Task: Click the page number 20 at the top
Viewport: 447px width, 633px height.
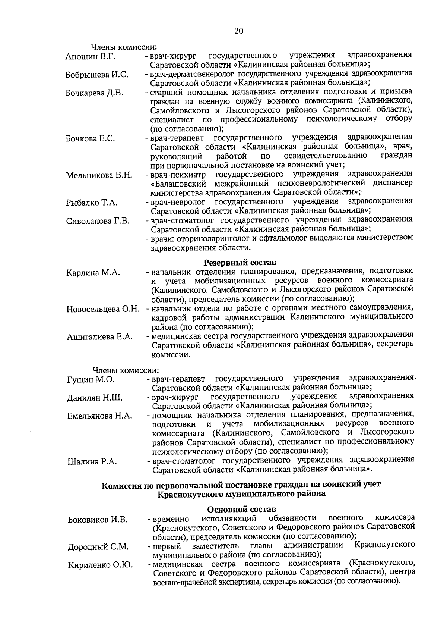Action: pyautogui.click(x=239, y=31)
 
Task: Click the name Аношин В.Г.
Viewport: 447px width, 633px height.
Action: pyautogui.click(x=91, y=57)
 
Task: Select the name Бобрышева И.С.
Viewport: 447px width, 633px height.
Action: pyautogui.click(x=97, y=75)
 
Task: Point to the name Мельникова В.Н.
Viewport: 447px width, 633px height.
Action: pyautogui.click(x=99, y=175)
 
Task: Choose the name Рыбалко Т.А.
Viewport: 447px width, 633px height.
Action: pyautogui.click(x=92, y=203)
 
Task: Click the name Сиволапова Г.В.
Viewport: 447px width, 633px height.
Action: pyautogui.click(x=98, y=221)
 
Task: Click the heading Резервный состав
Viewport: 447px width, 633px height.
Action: pyautogui.click(x=240, y=263)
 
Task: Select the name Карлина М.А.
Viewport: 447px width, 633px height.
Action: pyautogui.click(x=93, y=273)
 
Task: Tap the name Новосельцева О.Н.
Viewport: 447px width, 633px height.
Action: pyautogui.click(x=103, y=310)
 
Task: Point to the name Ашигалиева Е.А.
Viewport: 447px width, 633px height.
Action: pyautogui.click(x=99, y=337)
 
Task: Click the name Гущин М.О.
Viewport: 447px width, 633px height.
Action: pyautogui.click(x=91, y=380)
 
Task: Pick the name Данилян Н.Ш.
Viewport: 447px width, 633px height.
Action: pyautogui.click(x=95, y=398)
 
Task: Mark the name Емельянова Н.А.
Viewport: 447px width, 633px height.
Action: pyautogui.click(x=99, y=416)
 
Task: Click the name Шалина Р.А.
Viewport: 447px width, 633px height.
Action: pyautogui.click(x=92, y=462)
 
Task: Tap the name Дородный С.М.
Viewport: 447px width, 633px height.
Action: pyautogui.click(x=98, y=547)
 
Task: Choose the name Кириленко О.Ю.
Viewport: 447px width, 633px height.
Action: pyautogui.click(x=100, y=565)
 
